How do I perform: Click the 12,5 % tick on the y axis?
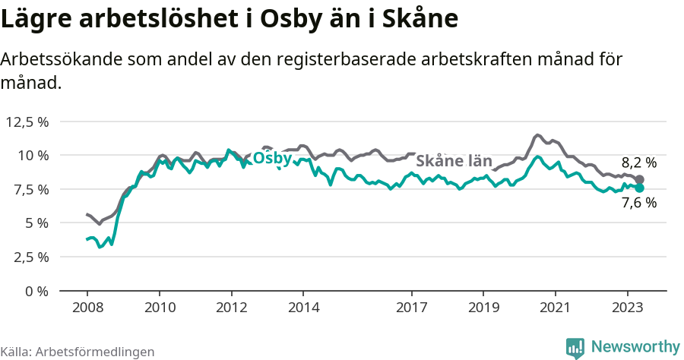pos(27,122)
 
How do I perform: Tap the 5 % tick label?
pos(36,223)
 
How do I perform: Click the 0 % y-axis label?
pos(36,290)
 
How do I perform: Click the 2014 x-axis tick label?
pos(303,308)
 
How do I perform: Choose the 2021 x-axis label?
pos(556,308)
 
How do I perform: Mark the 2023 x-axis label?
pos(628,308)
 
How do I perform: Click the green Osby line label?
pos(271,158)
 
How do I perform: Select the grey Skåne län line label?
pos(454,161)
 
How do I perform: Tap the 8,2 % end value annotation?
pos(638,163)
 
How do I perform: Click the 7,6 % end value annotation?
pos(638,203)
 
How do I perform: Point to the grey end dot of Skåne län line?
pos(639,180)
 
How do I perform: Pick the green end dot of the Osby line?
pos(639,188)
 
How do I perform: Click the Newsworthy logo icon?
pos(575,347)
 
